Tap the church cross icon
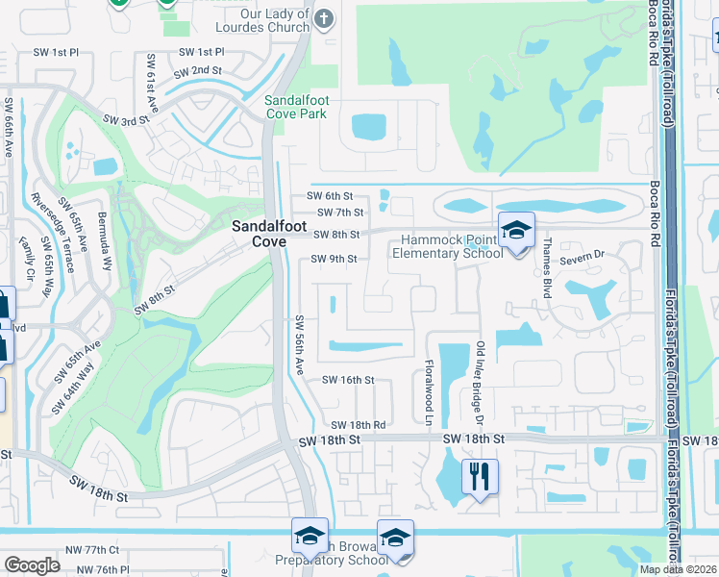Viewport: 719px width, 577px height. [324, 17]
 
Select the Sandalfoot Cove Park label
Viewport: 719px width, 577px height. [296, 106]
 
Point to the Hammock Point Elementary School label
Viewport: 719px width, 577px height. [447, 246]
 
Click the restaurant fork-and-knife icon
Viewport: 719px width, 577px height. [479, 475]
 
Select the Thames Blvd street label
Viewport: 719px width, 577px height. [545, 268]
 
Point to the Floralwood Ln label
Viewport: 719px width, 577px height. [429, 393]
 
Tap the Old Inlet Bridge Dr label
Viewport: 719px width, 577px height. [479, 381]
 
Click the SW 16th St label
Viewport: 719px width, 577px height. [347, 380]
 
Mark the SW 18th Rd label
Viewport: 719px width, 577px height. [358, 425]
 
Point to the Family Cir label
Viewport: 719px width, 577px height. [28, 262]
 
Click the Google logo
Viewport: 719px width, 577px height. [32, 565]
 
